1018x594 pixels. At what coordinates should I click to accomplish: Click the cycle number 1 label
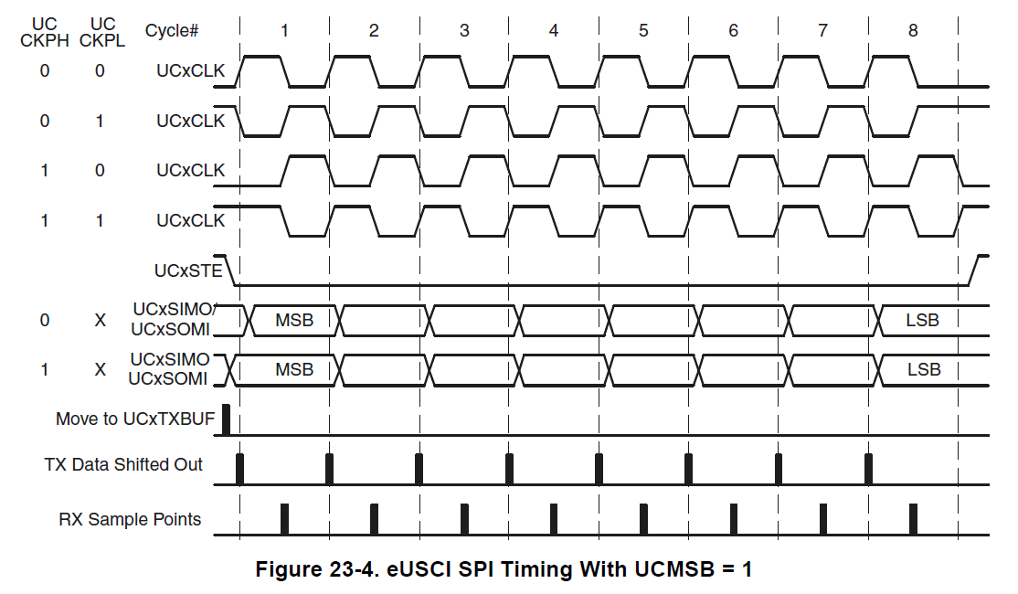284,30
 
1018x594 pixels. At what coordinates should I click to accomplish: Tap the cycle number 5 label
643,30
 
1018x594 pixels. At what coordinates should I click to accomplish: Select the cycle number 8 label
913,30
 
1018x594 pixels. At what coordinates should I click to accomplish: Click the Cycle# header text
172,30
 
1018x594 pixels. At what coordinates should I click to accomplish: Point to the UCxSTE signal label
189,270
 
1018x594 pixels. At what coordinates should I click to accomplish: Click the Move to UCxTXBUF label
134,419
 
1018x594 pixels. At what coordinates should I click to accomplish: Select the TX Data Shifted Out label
123,464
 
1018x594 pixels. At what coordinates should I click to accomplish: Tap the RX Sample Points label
130,520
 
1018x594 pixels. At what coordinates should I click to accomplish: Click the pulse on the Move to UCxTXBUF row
227,420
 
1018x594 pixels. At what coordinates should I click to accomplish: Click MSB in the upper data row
294,321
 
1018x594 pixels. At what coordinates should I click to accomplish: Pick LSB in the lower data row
924,370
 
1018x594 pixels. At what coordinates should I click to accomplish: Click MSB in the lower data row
294,370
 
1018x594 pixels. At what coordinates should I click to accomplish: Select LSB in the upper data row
922,321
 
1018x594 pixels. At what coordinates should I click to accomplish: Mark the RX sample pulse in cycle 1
284,518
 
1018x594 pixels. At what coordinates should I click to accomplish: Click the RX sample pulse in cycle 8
913,518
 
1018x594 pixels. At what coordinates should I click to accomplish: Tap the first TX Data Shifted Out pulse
239,468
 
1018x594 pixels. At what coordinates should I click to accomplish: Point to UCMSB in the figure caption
667,570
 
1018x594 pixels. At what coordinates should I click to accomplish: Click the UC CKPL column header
100,31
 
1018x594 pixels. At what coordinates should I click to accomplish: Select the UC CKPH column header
45,31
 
